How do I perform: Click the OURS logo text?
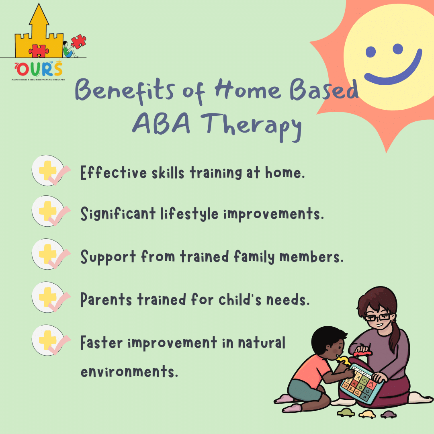click(x=39, y=70)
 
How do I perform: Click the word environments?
click(x=129, y=371)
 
